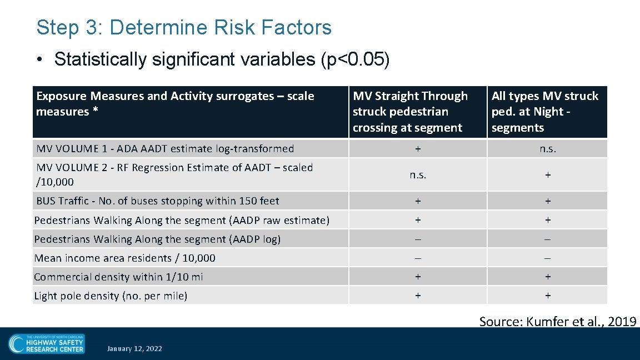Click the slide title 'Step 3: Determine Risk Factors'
[183, 27]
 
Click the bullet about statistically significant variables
[222, 59]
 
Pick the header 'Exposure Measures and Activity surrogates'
[175, 104]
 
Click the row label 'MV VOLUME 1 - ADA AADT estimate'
[165, 148]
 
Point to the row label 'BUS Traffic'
[157, 201]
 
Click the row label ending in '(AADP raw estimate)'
[182, 220]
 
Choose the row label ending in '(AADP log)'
[157, 239]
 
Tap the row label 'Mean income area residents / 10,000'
[124, 258]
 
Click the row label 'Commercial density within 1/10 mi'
[118, 277]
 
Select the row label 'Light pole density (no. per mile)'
[111, 296]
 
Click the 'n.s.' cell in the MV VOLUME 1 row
[547, 149]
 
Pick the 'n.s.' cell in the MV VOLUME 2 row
[418, 174]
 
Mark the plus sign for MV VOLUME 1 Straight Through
[418, 149]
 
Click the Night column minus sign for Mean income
[547, 258]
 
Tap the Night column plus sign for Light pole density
[547, 296]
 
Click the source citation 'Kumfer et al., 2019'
[557, 321]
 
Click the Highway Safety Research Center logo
[47, 344]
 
